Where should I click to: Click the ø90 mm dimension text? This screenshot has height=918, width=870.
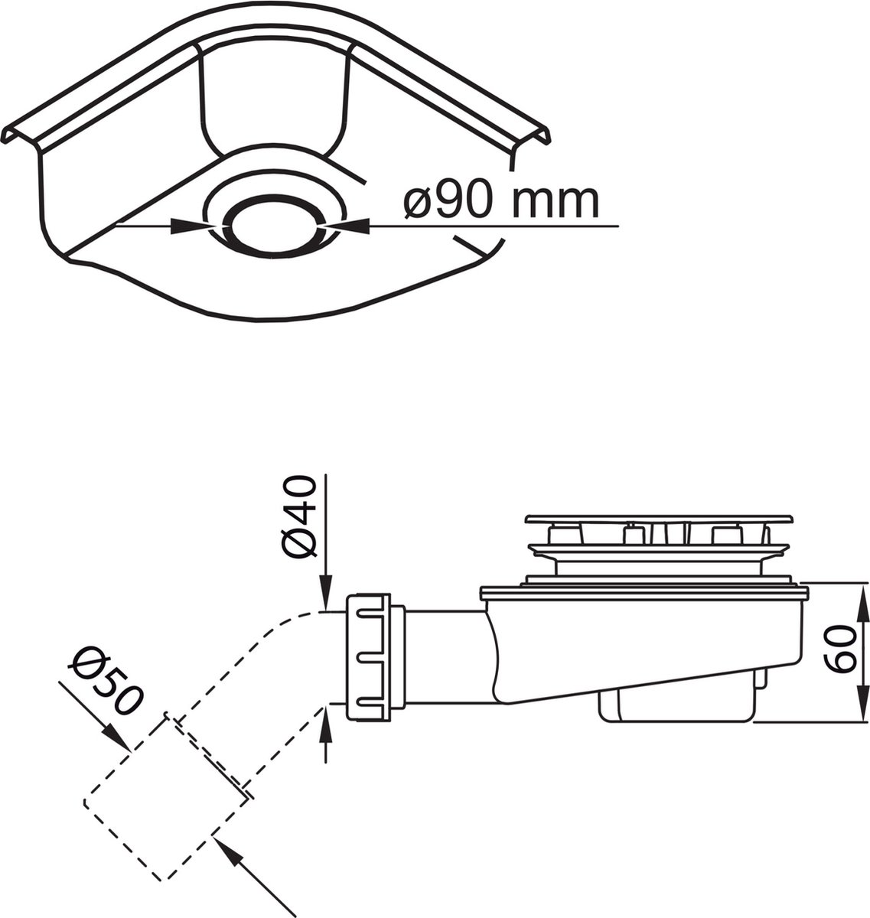pyautogui.click(x=501, y=202)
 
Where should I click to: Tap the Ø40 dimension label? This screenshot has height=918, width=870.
pyautogui.click(x=298, y=517)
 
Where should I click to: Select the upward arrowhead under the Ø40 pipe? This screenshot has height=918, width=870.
pyautogui.click(x=326, y=726)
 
